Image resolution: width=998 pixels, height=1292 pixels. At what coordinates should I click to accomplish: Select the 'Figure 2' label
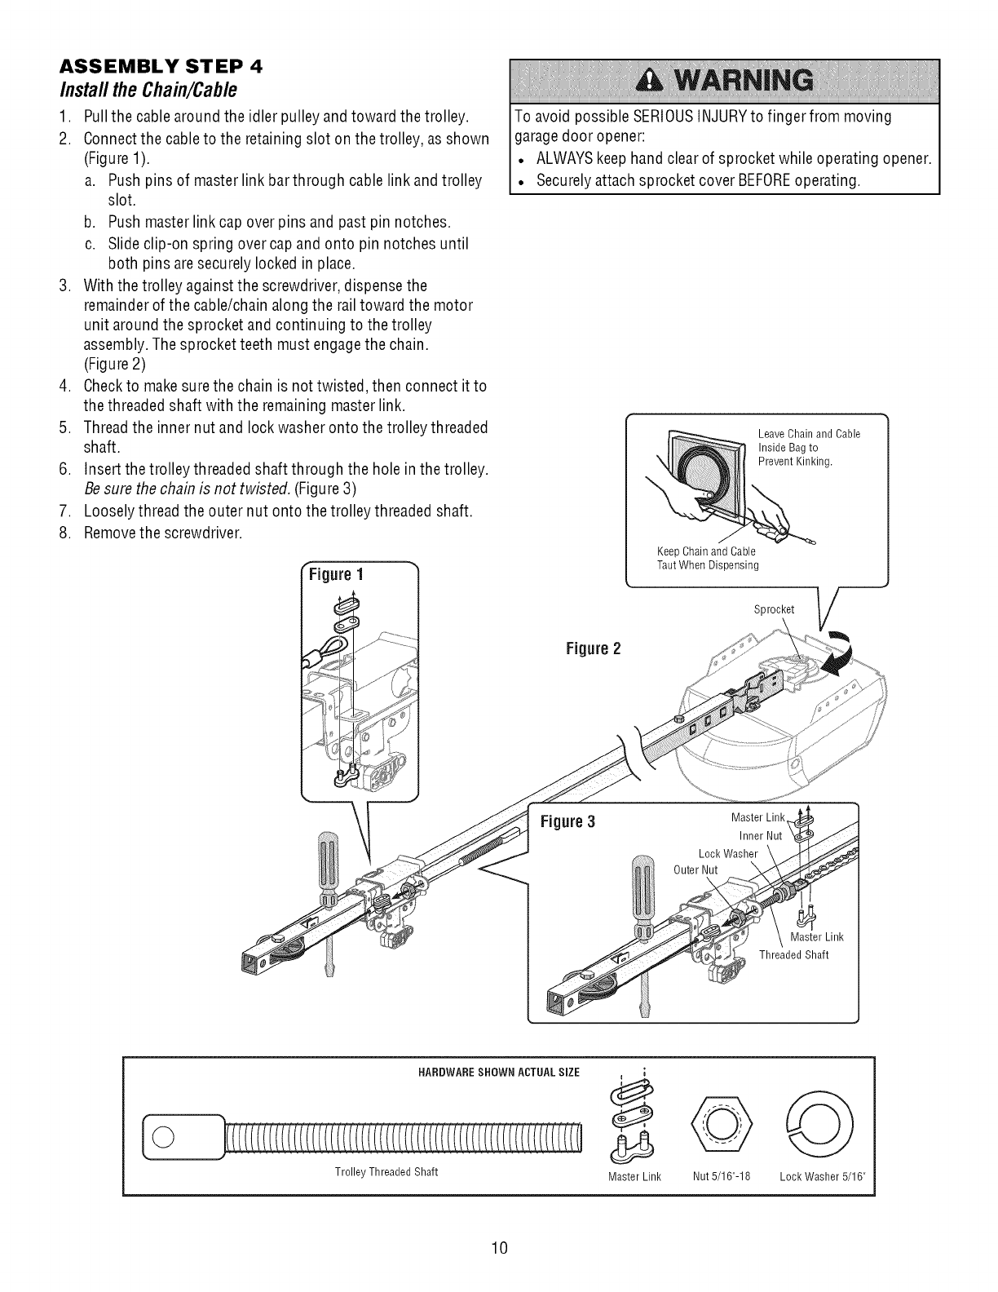pyautogui.click(x=594, y=649)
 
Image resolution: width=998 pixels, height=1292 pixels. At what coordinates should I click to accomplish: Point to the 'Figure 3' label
pyautogui.click(x=568, y=821)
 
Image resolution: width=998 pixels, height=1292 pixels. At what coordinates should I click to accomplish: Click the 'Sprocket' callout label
pyautogui.click(x=774, y=609)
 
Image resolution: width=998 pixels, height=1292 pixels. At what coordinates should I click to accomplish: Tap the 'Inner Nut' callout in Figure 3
pyautogui.click(x=760, y=836)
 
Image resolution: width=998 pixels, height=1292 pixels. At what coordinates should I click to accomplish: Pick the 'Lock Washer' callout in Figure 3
pyautogui.click(x=728, y=854)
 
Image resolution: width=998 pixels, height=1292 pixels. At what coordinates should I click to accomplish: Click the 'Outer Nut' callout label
pyautogui.click(x=696, y=869)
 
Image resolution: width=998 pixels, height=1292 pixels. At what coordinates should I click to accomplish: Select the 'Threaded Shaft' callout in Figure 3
pyautogui.click(x=793, y=955)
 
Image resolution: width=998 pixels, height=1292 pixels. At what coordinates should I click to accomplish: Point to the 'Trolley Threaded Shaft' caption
pyautogui.click(x=386, y=1172)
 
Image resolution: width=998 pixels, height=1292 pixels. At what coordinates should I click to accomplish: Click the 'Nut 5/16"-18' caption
pyautogui.click(x=722, y=1176)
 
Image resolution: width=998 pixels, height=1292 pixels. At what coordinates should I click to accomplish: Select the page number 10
pyautogui.click(x=499, y=1246)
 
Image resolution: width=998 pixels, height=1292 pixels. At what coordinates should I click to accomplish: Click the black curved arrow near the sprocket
pyautogui.click(x=840, y=653)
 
